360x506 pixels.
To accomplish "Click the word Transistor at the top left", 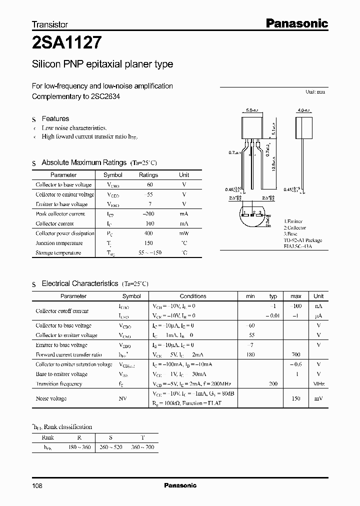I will [50, 24].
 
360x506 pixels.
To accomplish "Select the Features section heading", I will [55, 118].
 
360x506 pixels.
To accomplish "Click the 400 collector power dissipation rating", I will [148, 233].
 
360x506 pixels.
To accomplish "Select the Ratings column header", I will [148, 175].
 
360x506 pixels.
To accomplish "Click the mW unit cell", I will [184, 233].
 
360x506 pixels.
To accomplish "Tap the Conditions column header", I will [193, 296].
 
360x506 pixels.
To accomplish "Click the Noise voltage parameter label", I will [51, 398].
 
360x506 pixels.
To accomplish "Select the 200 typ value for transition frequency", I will [273, 383].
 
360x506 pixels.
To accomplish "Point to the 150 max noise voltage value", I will [295, 398].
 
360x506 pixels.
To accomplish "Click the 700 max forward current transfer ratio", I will [295, 354].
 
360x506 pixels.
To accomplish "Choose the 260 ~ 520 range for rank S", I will [111, 447].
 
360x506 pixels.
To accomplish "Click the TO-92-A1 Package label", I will [303, 240].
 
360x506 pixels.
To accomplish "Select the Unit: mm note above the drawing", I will [315, 92].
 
